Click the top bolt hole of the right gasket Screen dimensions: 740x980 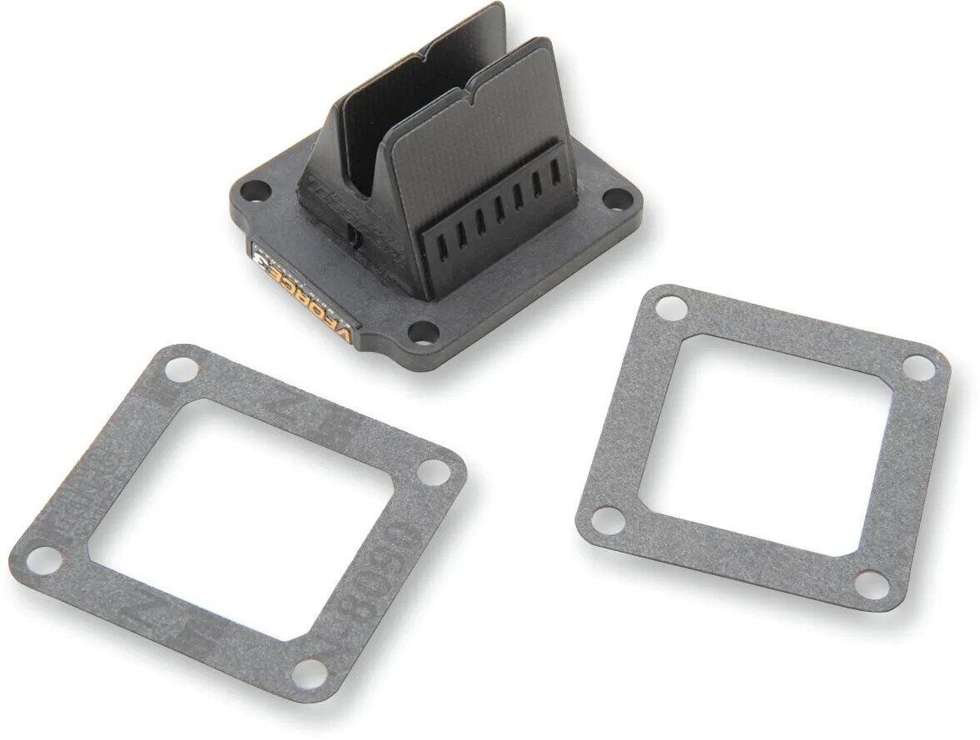[x=667, y=309]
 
